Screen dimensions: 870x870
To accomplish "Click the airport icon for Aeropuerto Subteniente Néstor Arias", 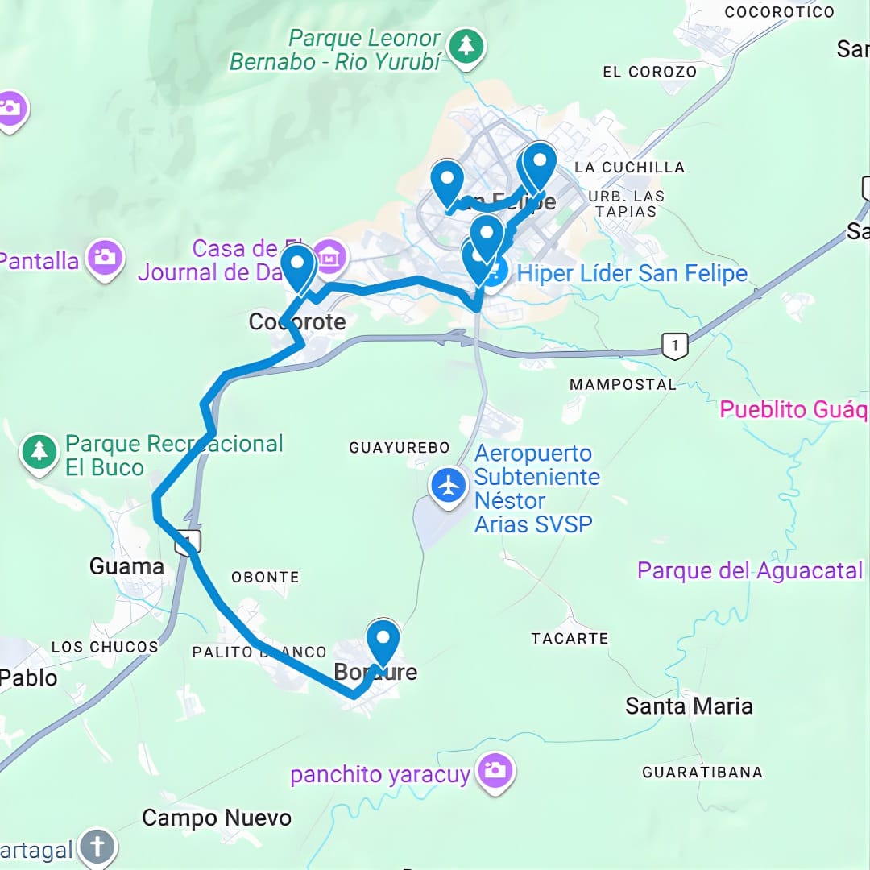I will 448,486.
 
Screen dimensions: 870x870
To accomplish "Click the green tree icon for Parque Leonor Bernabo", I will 466,45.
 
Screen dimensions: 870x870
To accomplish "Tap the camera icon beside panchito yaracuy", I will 494,771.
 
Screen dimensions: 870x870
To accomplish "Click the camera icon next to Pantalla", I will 105,257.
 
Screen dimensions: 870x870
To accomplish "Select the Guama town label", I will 126,567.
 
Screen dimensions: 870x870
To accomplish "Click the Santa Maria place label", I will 689,706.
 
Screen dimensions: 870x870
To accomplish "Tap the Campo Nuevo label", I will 217,818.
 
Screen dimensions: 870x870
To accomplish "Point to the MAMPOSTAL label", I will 623,385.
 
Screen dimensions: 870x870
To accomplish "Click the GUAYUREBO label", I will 399,447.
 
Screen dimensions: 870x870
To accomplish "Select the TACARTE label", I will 570,638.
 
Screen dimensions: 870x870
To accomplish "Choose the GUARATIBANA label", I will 702,773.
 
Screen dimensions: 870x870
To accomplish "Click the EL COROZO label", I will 649,72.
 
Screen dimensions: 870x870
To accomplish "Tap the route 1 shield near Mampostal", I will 674,345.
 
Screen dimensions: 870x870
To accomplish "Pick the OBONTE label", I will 265,577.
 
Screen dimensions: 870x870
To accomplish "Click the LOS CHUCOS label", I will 105,647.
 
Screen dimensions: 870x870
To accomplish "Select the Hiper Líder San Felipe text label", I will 632,274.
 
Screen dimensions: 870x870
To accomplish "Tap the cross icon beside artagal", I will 97,847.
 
